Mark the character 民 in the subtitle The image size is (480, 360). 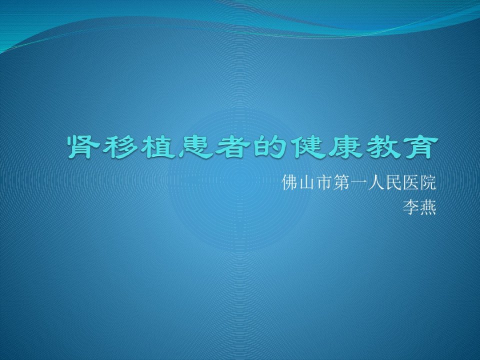[393, 182]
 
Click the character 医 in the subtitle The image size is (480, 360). [410, 182]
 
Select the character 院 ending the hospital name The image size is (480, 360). [427, 182]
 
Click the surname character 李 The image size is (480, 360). [410, 207]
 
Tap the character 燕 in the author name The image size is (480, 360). [427, 207]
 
